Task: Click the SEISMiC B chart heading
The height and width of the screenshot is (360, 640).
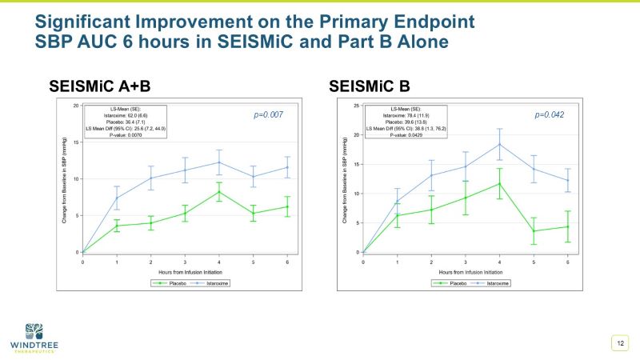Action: click(374, 86)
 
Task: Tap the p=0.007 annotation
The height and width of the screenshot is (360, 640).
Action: click(269, 115)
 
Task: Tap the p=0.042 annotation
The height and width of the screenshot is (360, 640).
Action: click(550, 115)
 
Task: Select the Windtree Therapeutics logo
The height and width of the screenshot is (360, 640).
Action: click(36, 335)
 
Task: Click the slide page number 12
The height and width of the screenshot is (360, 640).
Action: click(619, 343)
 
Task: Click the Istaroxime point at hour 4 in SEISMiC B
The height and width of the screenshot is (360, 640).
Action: click(499, 145)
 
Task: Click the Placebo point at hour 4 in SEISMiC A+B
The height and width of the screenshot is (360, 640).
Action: click(219, 192)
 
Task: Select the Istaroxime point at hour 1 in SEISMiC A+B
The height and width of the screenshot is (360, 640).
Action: click(117, 198)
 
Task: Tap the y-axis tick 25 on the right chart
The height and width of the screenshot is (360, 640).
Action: click(356, 106)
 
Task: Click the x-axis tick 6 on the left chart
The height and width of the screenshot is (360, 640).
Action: click(287, 262)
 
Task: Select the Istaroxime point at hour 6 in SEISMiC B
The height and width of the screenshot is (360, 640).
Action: click(568, 180)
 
